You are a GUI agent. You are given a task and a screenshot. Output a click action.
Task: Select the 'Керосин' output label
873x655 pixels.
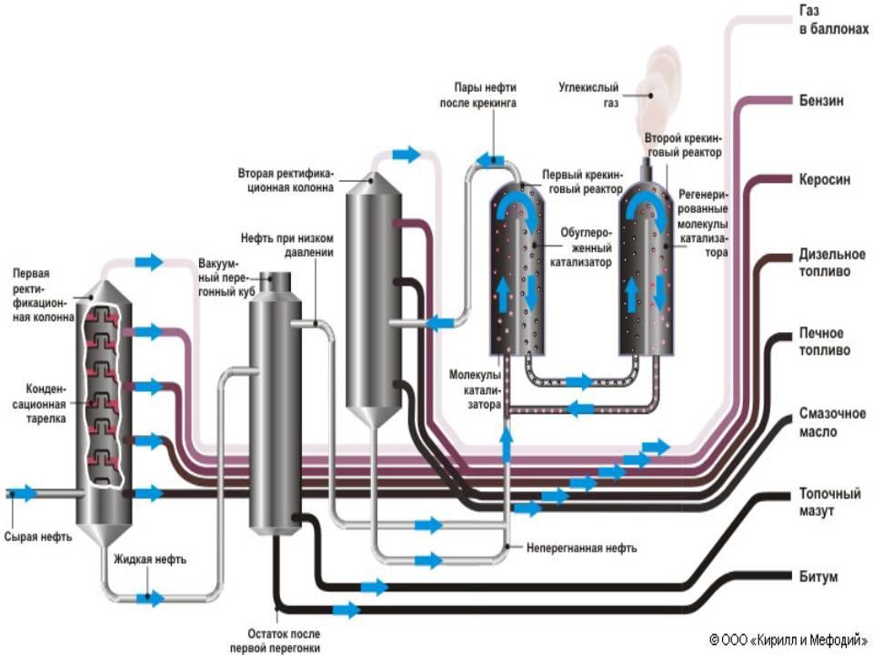(x=825, y=179)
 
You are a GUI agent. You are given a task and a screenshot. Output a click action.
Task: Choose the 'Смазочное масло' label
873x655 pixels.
(x=831, y=422)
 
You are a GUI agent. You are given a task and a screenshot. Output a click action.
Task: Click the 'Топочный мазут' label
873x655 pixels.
(x=829, y=502)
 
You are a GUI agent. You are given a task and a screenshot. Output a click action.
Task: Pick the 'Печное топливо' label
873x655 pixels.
(x=824, y=342)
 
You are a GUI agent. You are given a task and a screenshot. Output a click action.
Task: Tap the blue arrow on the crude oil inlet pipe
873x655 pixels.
(x=26, y=494)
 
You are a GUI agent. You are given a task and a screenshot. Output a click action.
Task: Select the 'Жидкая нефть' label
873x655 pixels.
(x=150, y=559)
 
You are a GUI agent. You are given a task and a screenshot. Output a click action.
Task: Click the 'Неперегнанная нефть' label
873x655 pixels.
(x=582, y=549)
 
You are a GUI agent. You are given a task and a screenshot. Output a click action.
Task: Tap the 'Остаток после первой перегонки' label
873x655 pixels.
(x=284, y=640)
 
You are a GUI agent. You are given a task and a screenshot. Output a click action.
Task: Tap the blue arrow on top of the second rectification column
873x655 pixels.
(x=406, y=154)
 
